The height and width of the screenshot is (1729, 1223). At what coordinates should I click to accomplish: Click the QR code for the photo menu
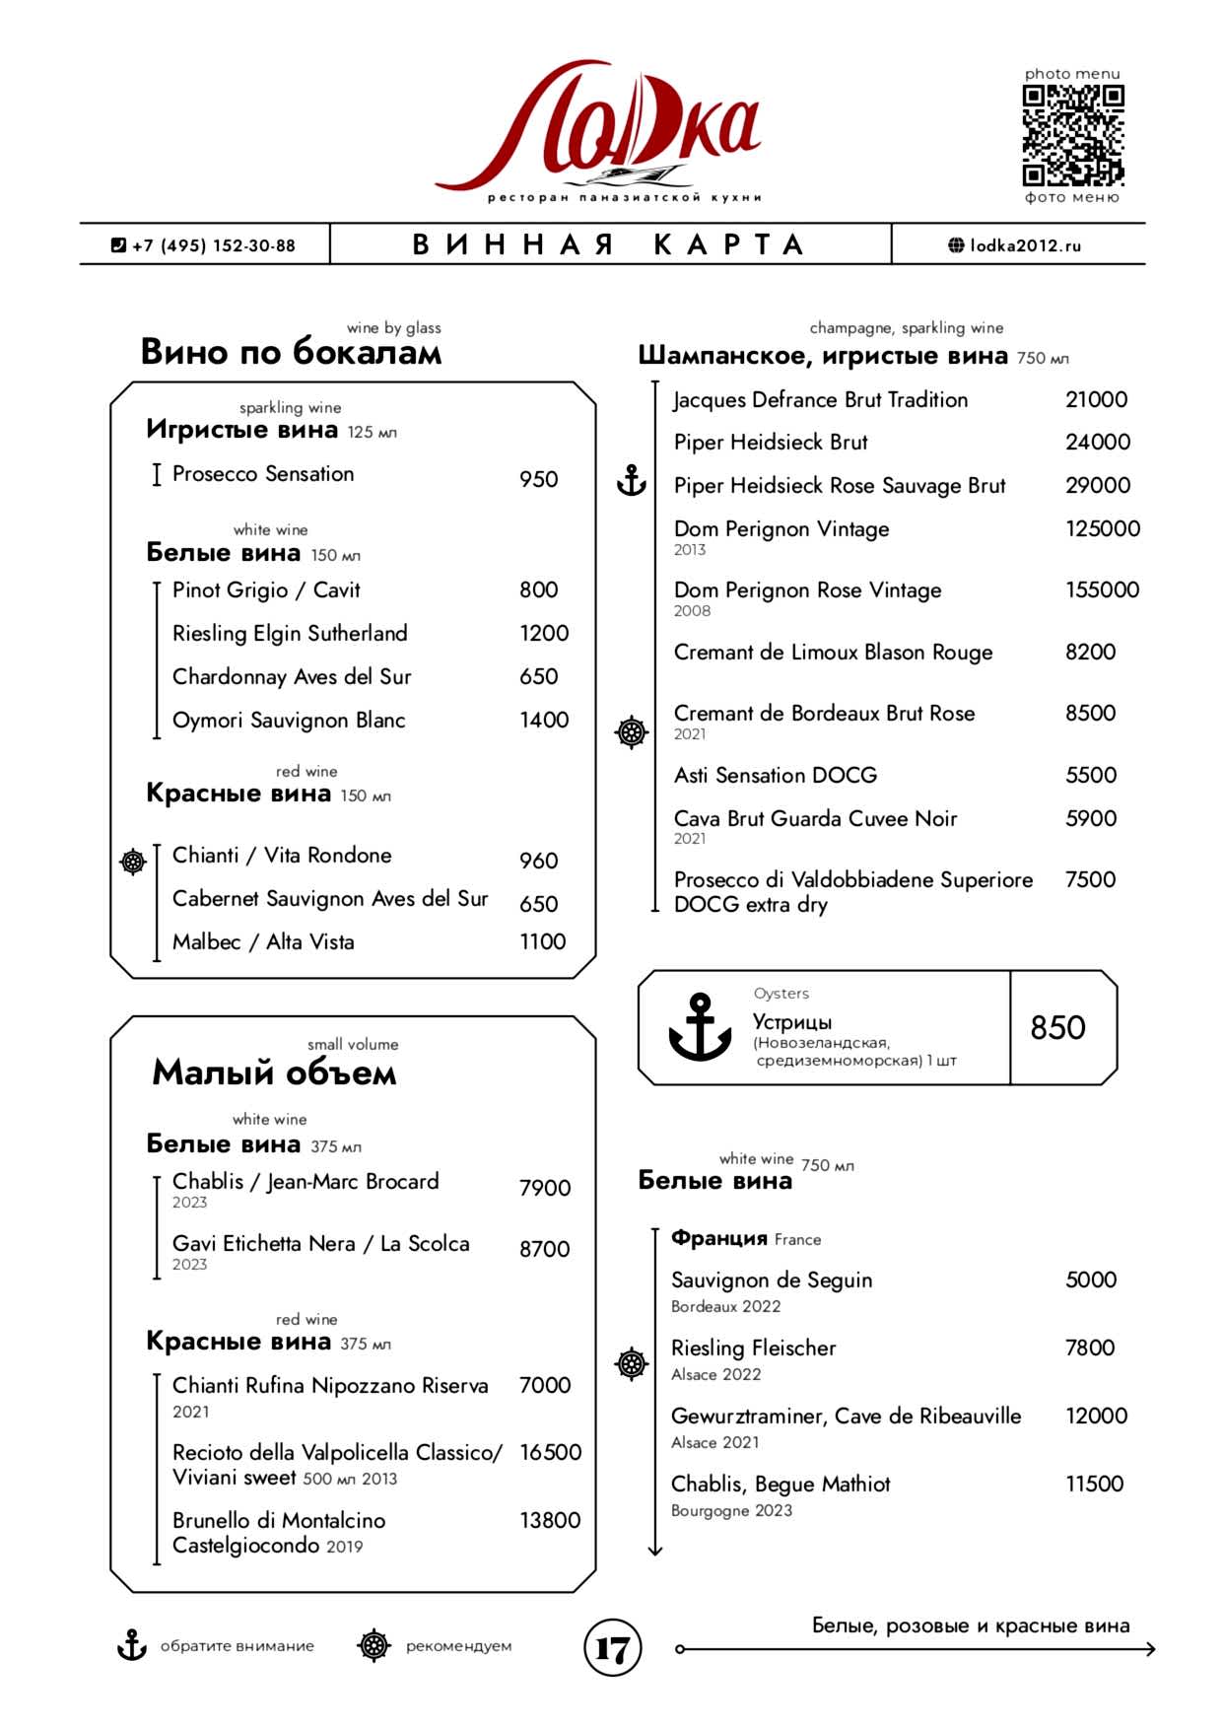pos(1072,135)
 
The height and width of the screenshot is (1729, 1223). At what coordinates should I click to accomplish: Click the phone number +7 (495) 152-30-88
pos(204,245)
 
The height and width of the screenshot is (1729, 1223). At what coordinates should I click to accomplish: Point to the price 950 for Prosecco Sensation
pos(538,479)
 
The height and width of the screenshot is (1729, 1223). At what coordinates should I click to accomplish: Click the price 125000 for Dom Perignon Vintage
pos(1102,528)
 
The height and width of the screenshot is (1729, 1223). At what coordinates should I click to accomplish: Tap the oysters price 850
pos(1057,1028)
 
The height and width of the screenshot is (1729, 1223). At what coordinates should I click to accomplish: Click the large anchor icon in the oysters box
pos(700,1027)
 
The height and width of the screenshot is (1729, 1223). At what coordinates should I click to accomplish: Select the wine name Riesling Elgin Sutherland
pos(290,633)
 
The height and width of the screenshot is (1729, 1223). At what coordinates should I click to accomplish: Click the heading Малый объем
pos(274,1072)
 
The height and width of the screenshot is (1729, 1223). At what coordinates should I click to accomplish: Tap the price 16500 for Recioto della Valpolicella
pos(550,1452)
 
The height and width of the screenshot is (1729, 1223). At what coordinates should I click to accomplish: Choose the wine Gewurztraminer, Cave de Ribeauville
pos(846,1417)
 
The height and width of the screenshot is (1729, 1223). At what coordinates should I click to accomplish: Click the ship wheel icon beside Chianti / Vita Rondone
pos(133,862)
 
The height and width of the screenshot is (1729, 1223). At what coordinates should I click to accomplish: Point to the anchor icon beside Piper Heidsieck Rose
pos(631,481)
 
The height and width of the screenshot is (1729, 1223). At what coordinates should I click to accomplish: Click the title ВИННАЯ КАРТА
pos(609,244)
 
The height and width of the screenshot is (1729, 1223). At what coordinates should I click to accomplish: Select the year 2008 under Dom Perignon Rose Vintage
pos(692,611)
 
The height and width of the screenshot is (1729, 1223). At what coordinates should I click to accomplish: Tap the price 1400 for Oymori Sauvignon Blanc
pos(544,720)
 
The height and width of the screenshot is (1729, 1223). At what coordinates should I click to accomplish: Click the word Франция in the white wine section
pos(718,1238)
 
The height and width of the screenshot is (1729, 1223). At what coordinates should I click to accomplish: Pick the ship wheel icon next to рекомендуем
pos(374,1645)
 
